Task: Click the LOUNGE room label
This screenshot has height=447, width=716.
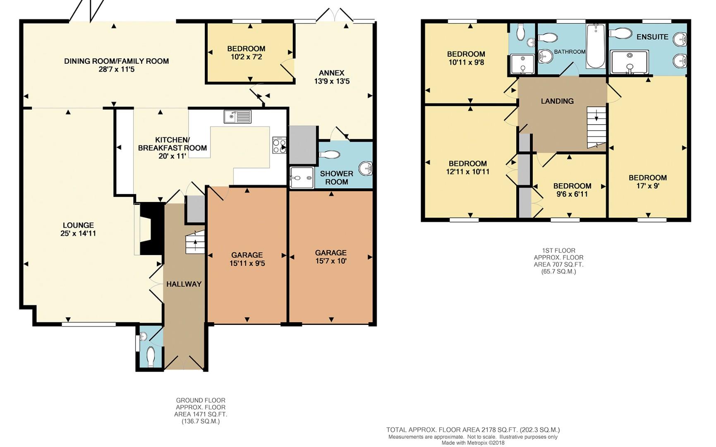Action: pos(78,225)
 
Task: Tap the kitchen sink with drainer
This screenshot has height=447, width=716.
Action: pos(237,116)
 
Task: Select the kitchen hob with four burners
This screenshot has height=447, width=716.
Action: pos(279,145)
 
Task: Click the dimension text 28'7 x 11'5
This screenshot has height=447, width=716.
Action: pos(116,70)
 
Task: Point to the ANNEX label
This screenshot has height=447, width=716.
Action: pos(332,73)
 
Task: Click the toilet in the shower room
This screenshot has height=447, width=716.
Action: pos(330,154)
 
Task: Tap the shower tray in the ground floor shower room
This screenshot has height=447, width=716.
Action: pos(302,178)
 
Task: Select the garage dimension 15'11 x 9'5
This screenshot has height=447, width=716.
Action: pos(247,263)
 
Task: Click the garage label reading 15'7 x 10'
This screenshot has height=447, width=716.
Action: pos(331,261)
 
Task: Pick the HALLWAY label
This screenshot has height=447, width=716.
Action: pos(184,284)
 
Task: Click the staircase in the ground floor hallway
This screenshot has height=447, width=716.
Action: pos(195,242)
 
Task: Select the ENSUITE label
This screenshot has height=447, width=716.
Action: pos(652,37)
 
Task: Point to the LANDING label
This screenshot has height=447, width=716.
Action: pos(557,101)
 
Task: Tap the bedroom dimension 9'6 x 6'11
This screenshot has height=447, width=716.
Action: pos(572,194)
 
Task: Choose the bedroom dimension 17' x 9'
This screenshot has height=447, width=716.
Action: pos(648,186)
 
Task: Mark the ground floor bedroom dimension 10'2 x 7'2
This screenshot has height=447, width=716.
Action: pos(246,57)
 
